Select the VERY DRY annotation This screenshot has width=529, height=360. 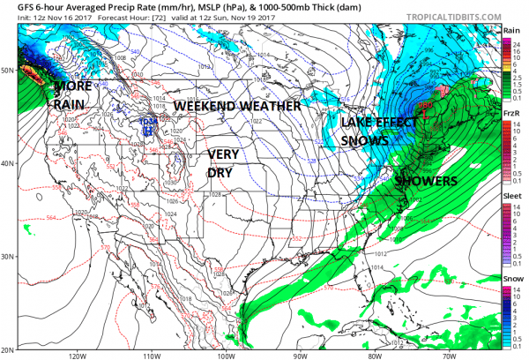click(x=223, y=163)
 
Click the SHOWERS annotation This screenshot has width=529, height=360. click(x=427, y=181)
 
